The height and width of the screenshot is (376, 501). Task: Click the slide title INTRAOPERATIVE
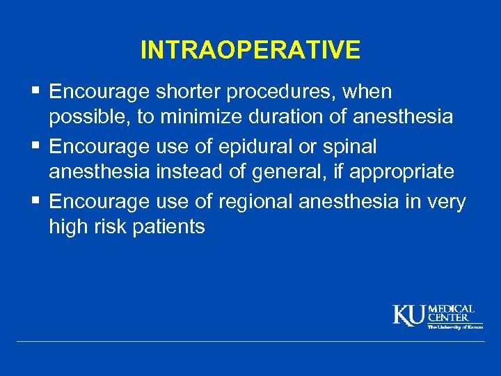coord(250,50)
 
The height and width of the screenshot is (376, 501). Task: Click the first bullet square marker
coord(37,91)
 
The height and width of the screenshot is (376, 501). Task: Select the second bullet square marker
coord(37,146)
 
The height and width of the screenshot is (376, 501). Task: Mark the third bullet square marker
coord(37,201)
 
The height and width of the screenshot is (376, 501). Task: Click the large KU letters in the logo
coord(409,315)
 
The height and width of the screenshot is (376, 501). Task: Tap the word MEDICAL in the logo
coord(452,309)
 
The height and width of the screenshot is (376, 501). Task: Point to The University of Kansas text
coord(455,327)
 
